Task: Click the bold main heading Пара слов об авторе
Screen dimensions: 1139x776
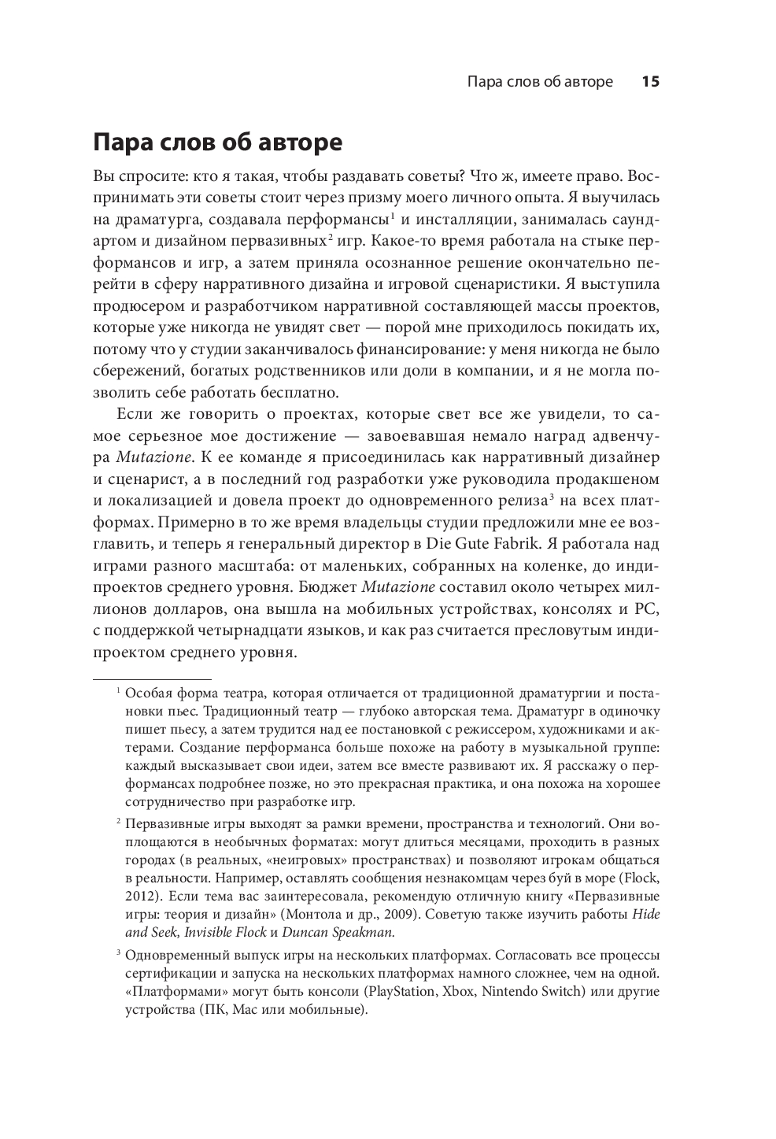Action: pyautogui.click(x=217, y=144)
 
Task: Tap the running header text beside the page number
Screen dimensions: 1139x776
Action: pyautogui.click(x=539, y=82)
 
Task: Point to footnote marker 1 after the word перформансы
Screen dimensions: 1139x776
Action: pyautogui.click(x=393, y=215)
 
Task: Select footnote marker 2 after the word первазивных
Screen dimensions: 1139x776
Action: pyautogui.click(x=331, y=237)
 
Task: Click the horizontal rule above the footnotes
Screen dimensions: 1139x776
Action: pyautogui.click(x=152, y=677)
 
